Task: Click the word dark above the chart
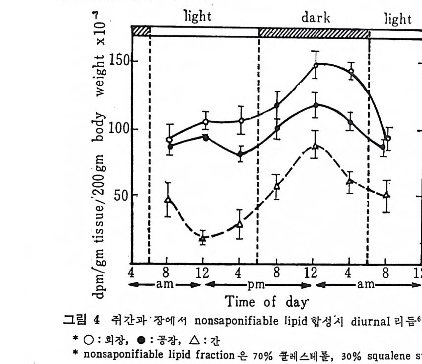coord(316,18)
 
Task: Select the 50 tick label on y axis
coord(121,195)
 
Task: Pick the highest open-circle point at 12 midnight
coord(316,65)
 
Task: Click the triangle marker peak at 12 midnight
coord(315,146)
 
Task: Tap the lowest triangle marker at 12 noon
coord(203,238)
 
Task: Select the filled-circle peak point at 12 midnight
coord(316,105)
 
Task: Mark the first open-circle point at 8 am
coord(169,140)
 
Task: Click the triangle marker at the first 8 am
coord(168,199)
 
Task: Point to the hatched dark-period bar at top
coord(314,33)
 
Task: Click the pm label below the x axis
coord(257,285)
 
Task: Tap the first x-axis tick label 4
coord(131,273)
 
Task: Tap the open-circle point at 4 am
coord(351,71)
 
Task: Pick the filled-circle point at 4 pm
coord(240,154)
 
